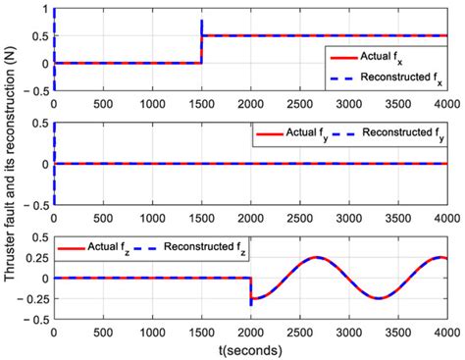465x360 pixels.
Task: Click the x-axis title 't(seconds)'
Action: (x=250, y=349)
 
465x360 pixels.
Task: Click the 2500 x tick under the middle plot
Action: (x=300, y=217)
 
